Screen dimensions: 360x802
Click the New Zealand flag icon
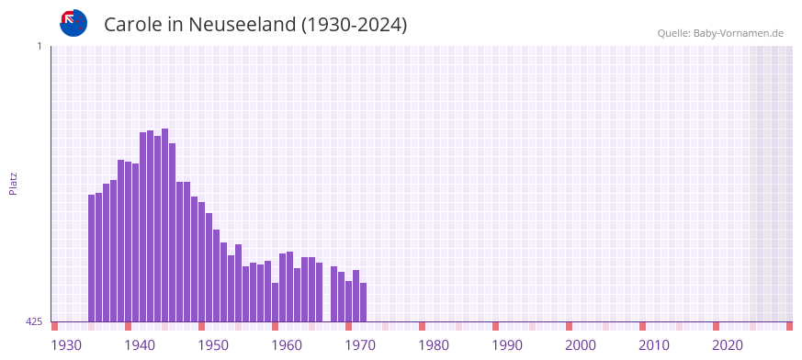point(73,23)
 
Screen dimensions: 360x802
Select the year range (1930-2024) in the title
point(354,25)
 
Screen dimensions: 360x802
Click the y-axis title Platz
point(13,183)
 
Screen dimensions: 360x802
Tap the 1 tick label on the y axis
point(40,46)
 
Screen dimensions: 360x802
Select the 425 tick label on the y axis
point(34,321)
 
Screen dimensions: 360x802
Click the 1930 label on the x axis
point(66,345)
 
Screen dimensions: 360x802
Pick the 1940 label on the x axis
point(140,345)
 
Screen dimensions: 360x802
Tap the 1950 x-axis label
point(213,345)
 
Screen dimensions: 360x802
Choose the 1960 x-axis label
point(287,345)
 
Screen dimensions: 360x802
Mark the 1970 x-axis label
point(360,345)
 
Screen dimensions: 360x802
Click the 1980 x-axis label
point(434,345)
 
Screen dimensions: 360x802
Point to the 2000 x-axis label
point(581,345)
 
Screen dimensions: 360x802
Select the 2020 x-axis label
point(728,345)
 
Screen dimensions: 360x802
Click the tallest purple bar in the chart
point(164,225)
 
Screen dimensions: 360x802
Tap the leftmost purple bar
point(92,257)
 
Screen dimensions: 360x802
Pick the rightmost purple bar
point(363,302)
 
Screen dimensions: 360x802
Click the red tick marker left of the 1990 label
point(495,326)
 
